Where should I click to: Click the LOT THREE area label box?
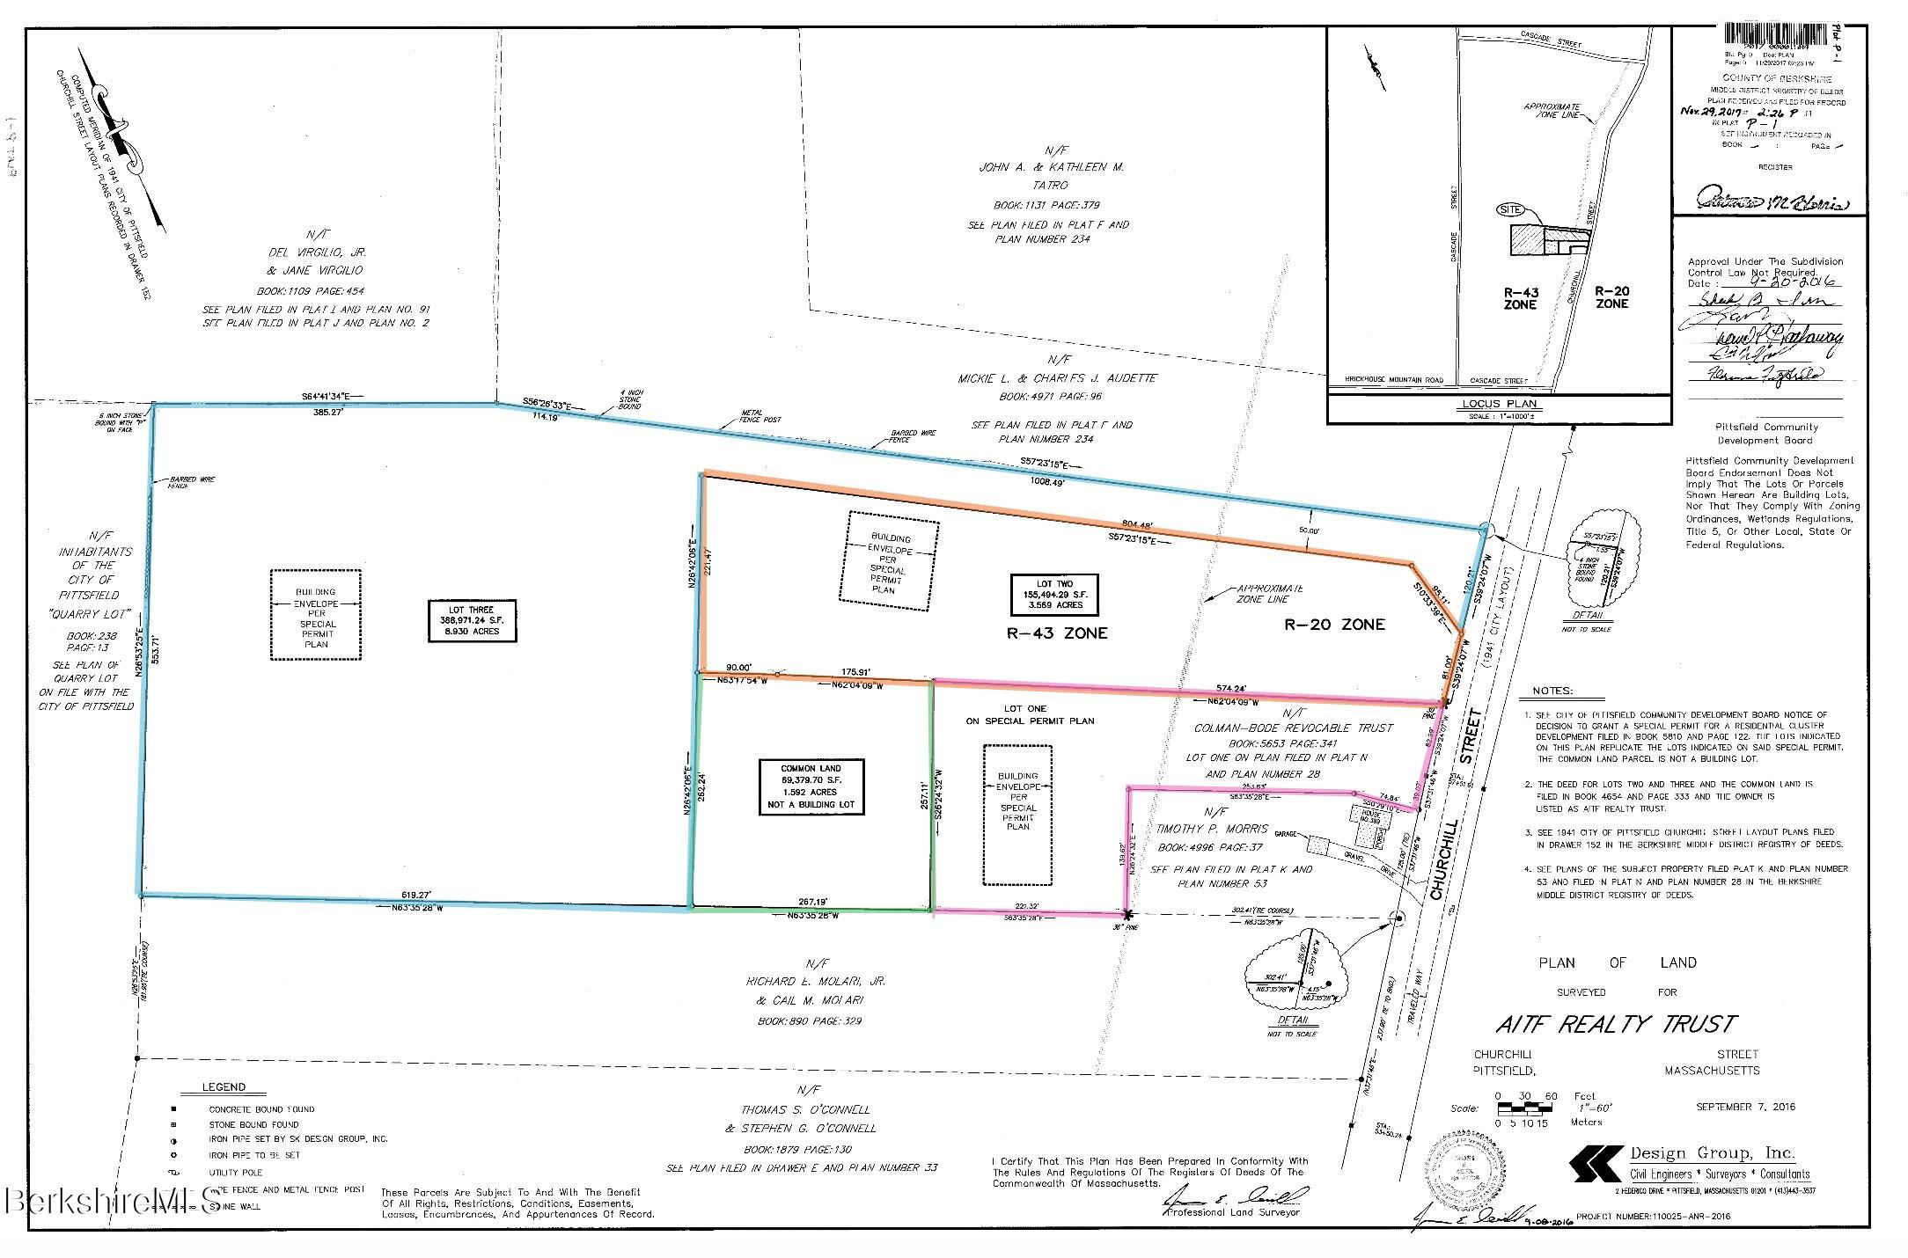pyautogui.click(x=471, y=621)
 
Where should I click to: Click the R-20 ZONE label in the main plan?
pyautogui.click(x=1334, y=625)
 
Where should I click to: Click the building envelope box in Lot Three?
pyautogui.click(x=316, y=614)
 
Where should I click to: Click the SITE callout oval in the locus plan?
pyautogui.click(x=1511, y=209)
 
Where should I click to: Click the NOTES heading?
pyautogui.click(x=1552, y=691)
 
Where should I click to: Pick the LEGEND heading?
pyautogui.click(x=224, y=1086)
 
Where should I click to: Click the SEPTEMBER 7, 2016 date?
pyautogui.click(x=1745, y=1107)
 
